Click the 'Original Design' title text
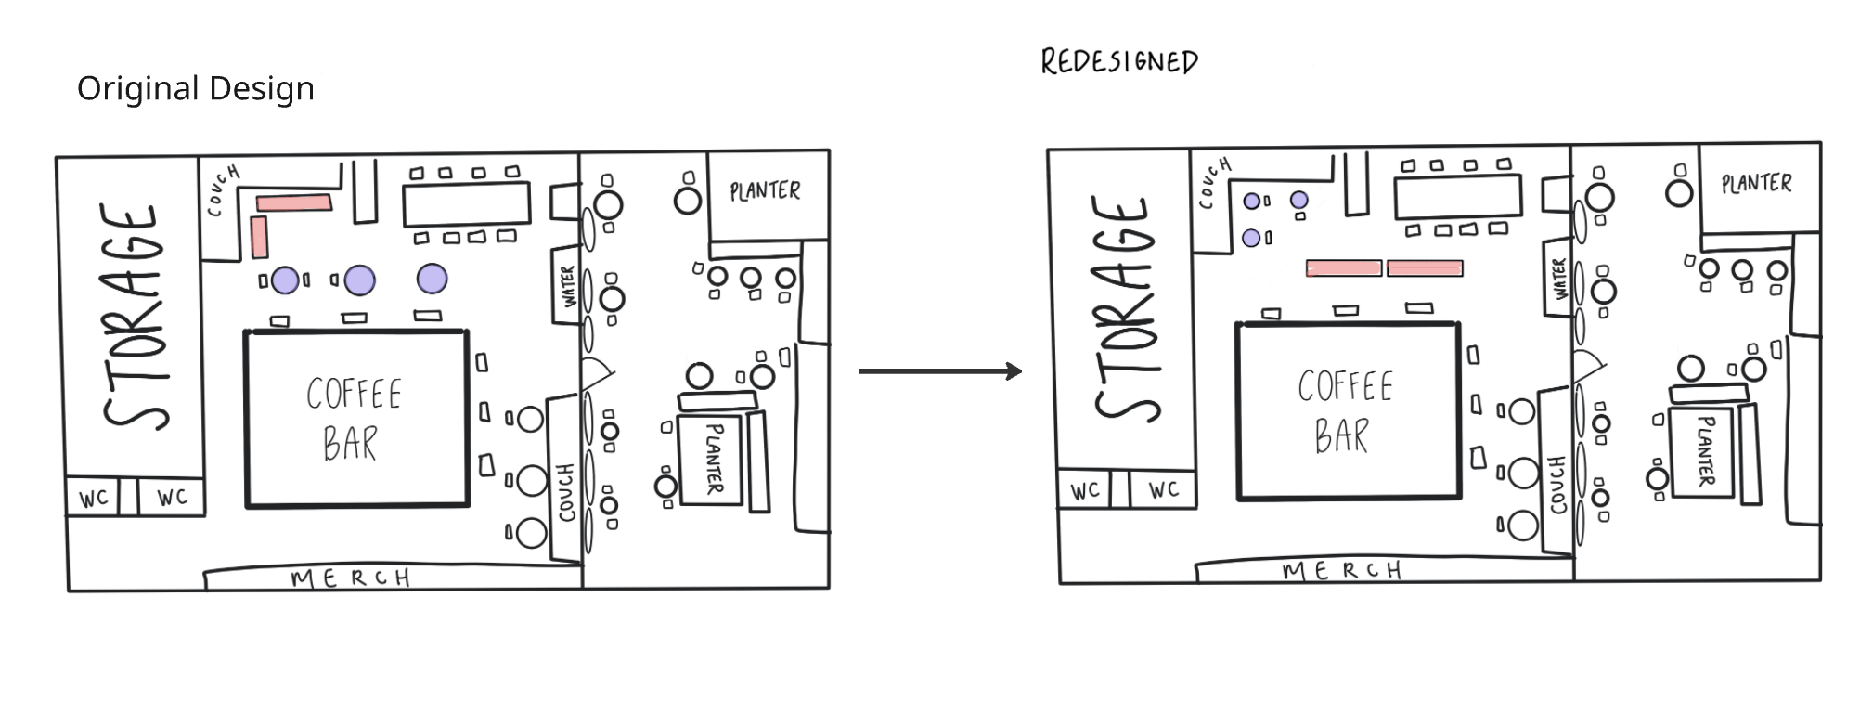pyautogui.click(x=195, y=89)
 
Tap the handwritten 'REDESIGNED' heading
pyautogui.click(x=1118, y=62)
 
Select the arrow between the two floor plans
pyautogui.click(x=939, y=371)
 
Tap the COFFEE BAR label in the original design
pyautogui.click(x=354, y=418)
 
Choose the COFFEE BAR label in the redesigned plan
pyautogui.click(x=1345, y=410)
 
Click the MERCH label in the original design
pyautogui.click(x=351, y=578)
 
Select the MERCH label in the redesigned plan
pyautogui.click(x=1342, y=570)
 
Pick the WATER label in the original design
pyautogui.click(x=567, y=286)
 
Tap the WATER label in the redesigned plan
pyautogui.click(x=1559, y=278)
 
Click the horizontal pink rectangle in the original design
pyautogui.click(x=294, y=202)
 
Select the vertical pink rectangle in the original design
pyautogui.click(x=259, y=236)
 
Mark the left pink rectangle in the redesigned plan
pyautogui.click(x=1343, y=268)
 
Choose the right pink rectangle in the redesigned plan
pyautogui.click(x=1425, y=268)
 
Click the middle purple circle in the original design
pyautogui.click(x=359, y=279)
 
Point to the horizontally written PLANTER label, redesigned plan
pyautogui.click(x=1756, y=183)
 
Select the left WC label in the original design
pyautogui.click(x=93, y=499)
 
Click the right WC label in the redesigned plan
pyautogui.click(x=1163, y=489)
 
